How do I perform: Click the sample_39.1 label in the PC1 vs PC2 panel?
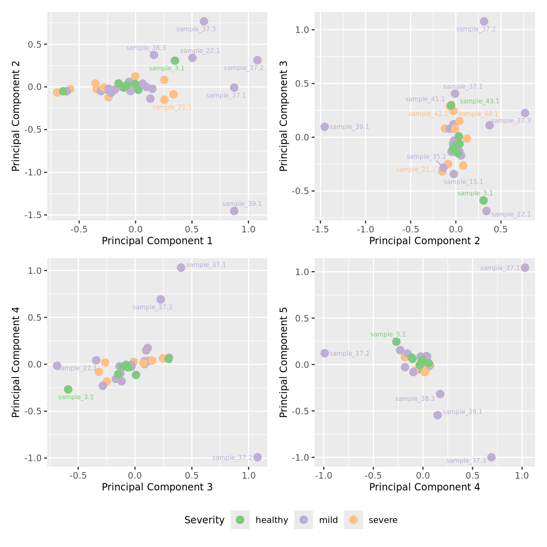242,204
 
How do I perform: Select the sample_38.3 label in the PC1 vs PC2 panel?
146,48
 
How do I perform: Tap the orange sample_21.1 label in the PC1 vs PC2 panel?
172,107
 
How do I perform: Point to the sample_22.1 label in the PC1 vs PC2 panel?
200,51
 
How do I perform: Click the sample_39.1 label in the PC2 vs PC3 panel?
349,127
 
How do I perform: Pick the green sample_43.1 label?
479,101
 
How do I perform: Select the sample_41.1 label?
425,99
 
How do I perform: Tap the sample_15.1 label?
463,182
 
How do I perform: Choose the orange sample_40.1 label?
478,114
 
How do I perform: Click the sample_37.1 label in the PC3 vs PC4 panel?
206,265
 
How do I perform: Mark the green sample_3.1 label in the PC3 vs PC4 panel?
76,397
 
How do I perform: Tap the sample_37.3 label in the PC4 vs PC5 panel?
466,461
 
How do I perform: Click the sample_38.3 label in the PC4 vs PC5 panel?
415,399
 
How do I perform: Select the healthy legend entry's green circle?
240,520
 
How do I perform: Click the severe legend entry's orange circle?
353,520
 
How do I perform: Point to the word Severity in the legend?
204,520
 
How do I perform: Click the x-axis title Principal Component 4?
424,487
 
